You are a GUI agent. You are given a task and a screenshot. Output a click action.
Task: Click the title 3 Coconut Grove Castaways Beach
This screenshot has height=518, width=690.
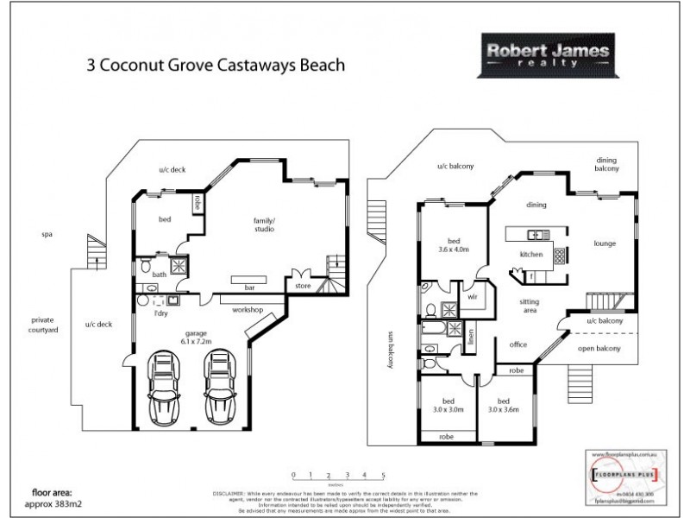[216, 63]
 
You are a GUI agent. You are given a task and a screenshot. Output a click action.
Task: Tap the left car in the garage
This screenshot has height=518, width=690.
[164, 385]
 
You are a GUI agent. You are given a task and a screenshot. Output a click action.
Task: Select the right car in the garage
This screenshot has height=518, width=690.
[221, 385]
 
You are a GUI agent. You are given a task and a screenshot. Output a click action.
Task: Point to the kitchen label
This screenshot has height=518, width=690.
[530, 256]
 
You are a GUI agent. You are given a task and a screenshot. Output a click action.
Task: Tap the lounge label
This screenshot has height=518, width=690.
[605, 244]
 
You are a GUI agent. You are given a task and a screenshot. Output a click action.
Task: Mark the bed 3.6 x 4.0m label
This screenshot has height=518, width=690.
[454, 245]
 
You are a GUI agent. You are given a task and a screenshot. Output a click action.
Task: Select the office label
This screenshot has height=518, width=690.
[517, 345]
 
